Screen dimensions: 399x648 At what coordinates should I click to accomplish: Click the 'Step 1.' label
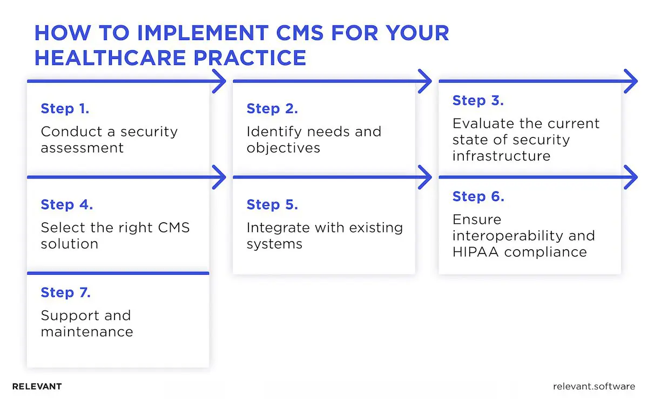[65, 109]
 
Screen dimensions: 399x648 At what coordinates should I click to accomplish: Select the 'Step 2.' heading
[272, 109]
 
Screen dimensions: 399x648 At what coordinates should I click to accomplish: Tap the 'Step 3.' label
[478, 101]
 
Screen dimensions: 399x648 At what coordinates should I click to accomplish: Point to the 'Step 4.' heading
[67, 205]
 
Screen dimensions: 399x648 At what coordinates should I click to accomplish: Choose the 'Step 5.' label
[272, 205]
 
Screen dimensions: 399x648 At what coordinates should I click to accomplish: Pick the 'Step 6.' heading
[478, 197]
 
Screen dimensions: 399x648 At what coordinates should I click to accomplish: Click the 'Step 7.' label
[66, 292]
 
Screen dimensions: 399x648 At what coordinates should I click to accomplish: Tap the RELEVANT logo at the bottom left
[37, 387]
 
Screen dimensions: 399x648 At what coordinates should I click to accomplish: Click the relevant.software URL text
[594, 387]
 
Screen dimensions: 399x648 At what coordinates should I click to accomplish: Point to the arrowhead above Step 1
[219, 82]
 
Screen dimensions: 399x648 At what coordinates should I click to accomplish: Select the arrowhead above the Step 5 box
[425, 177]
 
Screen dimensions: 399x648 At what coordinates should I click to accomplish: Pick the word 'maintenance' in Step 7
[86, 331]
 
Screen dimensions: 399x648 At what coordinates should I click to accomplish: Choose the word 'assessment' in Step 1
[82, 148]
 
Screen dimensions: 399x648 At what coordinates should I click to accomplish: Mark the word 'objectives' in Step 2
[283, 148]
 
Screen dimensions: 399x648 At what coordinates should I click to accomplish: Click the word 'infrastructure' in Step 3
[501, 156]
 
